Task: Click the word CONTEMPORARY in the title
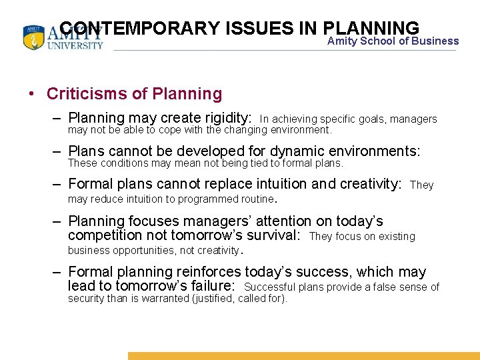(x=139, y=29)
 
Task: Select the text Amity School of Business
(x=393, y=41)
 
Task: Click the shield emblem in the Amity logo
(x=33, y=38)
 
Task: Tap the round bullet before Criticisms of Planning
(x=32, y=95)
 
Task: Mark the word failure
(x=209, y=287)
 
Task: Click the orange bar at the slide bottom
(x=303, y=356)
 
